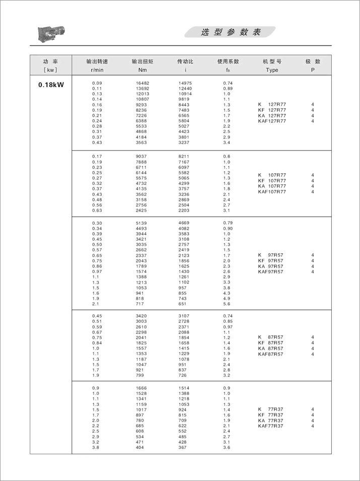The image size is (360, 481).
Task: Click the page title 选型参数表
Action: click(231, 32)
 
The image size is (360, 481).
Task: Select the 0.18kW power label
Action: click(51, 85)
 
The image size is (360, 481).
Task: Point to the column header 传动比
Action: click(185, 61)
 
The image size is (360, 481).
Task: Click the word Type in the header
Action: click(272, 70)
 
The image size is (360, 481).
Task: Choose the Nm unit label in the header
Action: click(142, 70)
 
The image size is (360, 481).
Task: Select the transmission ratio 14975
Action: click(185, 83)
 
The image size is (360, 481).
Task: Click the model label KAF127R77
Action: click(272, 121)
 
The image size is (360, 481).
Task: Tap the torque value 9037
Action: click(141, 156)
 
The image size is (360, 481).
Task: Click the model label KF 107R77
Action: click(272, 180)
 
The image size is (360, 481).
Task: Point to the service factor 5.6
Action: click(227, 304)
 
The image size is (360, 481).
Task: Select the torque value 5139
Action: click(141, 223)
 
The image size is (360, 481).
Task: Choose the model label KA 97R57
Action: click(270, 266)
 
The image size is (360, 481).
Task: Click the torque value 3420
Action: click(141, 316)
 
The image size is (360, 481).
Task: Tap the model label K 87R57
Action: click(270, 337)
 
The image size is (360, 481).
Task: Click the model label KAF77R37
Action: click(270, 426)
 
